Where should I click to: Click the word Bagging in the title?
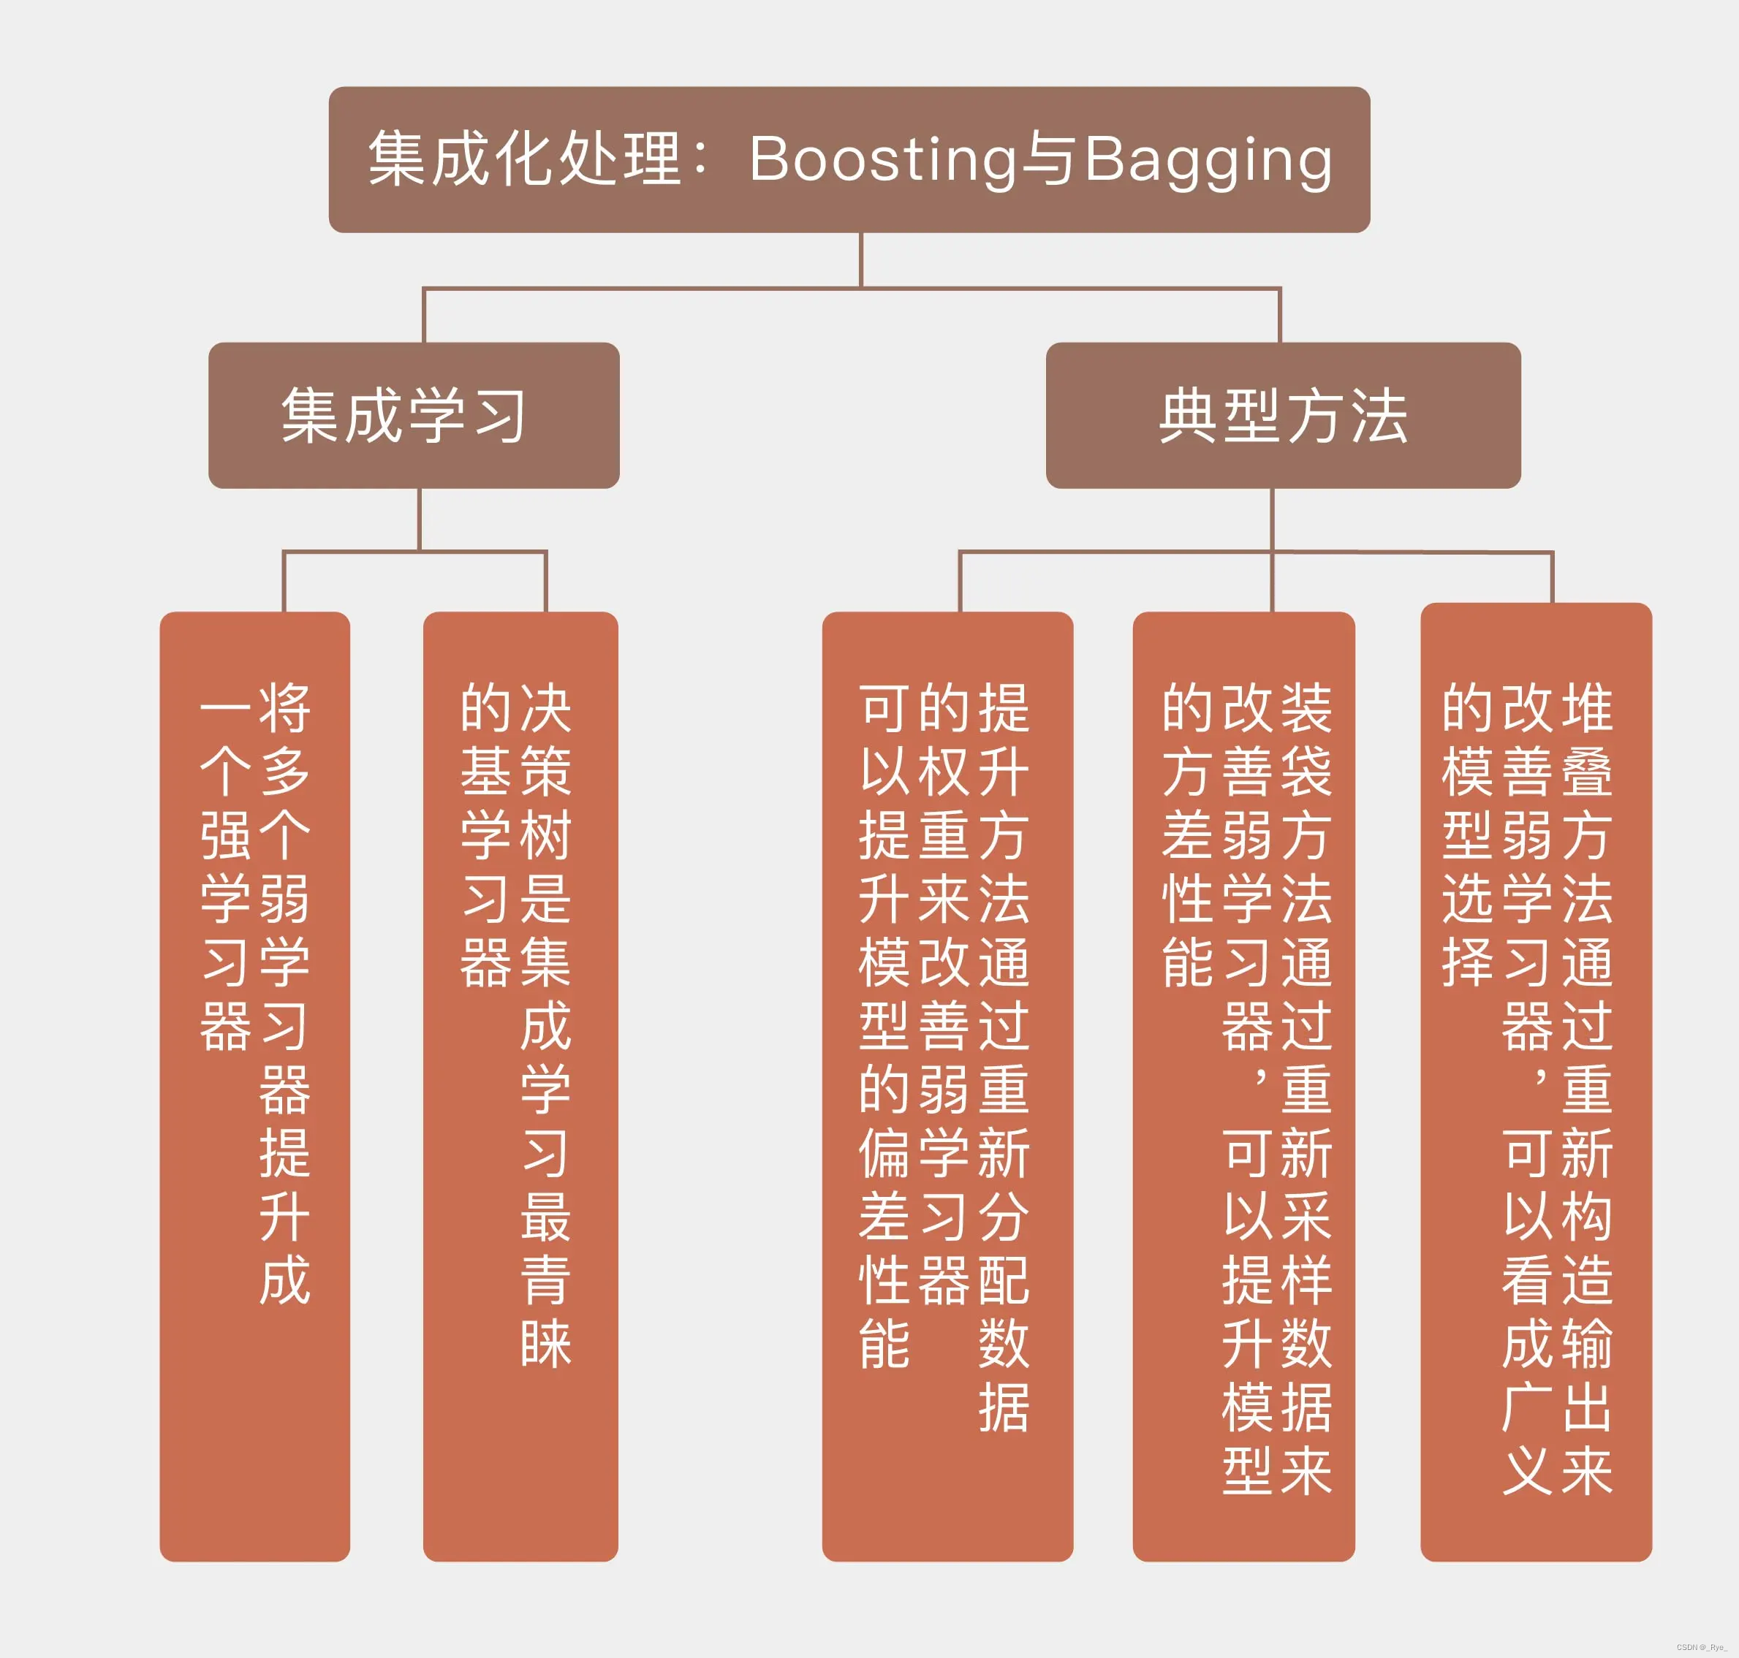pos(1208,160)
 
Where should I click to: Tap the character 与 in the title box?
pos(1050,160)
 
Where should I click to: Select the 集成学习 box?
pos(414,415)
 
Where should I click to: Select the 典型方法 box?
pos(1283,415)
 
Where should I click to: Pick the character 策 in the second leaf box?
pos(545,771)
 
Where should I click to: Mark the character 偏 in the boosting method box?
pos(884,1152)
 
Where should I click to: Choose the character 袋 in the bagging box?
pos(1306,771)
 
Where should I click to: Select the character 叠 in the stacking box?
pos(1587,771)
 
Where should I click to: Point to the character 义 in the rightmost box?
pos(1527,1471)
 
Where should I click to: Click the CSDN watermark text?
pos(1701,1647)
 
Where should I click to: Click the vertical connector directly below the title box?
pos(860,260)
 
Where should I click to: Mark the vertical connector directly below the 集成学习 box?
pos(419,520)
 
